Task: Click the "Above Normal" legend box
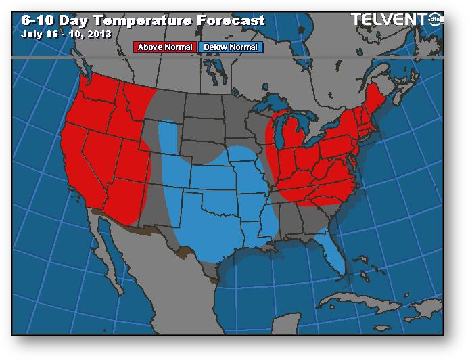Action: click(165, 47)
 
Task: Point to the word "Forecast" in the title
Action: click(231, 20)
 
